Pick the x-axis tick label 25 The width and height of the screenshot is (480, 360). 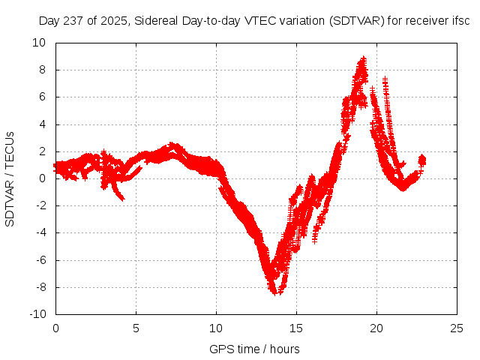click(457, 328)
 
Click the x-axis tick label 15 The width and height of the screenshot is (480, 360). click(296, 328)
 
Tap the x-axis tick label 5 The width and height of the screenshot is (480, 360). click(136, 328)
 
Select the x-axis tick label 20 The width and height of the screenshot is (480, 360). click(376, 328)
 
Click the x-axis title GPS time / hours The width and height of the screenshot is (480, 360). click(254, 349)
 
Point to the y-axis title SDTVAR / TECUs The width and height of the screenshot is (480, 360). click(10, 178)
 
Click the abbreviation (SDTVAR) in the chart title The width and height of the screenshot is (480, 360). click(355, 22)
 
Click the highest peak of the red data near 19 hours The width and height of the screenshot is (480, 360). click(363, 58)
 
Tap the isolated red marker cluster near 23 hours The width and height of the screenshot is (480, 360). click(421, 160)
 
